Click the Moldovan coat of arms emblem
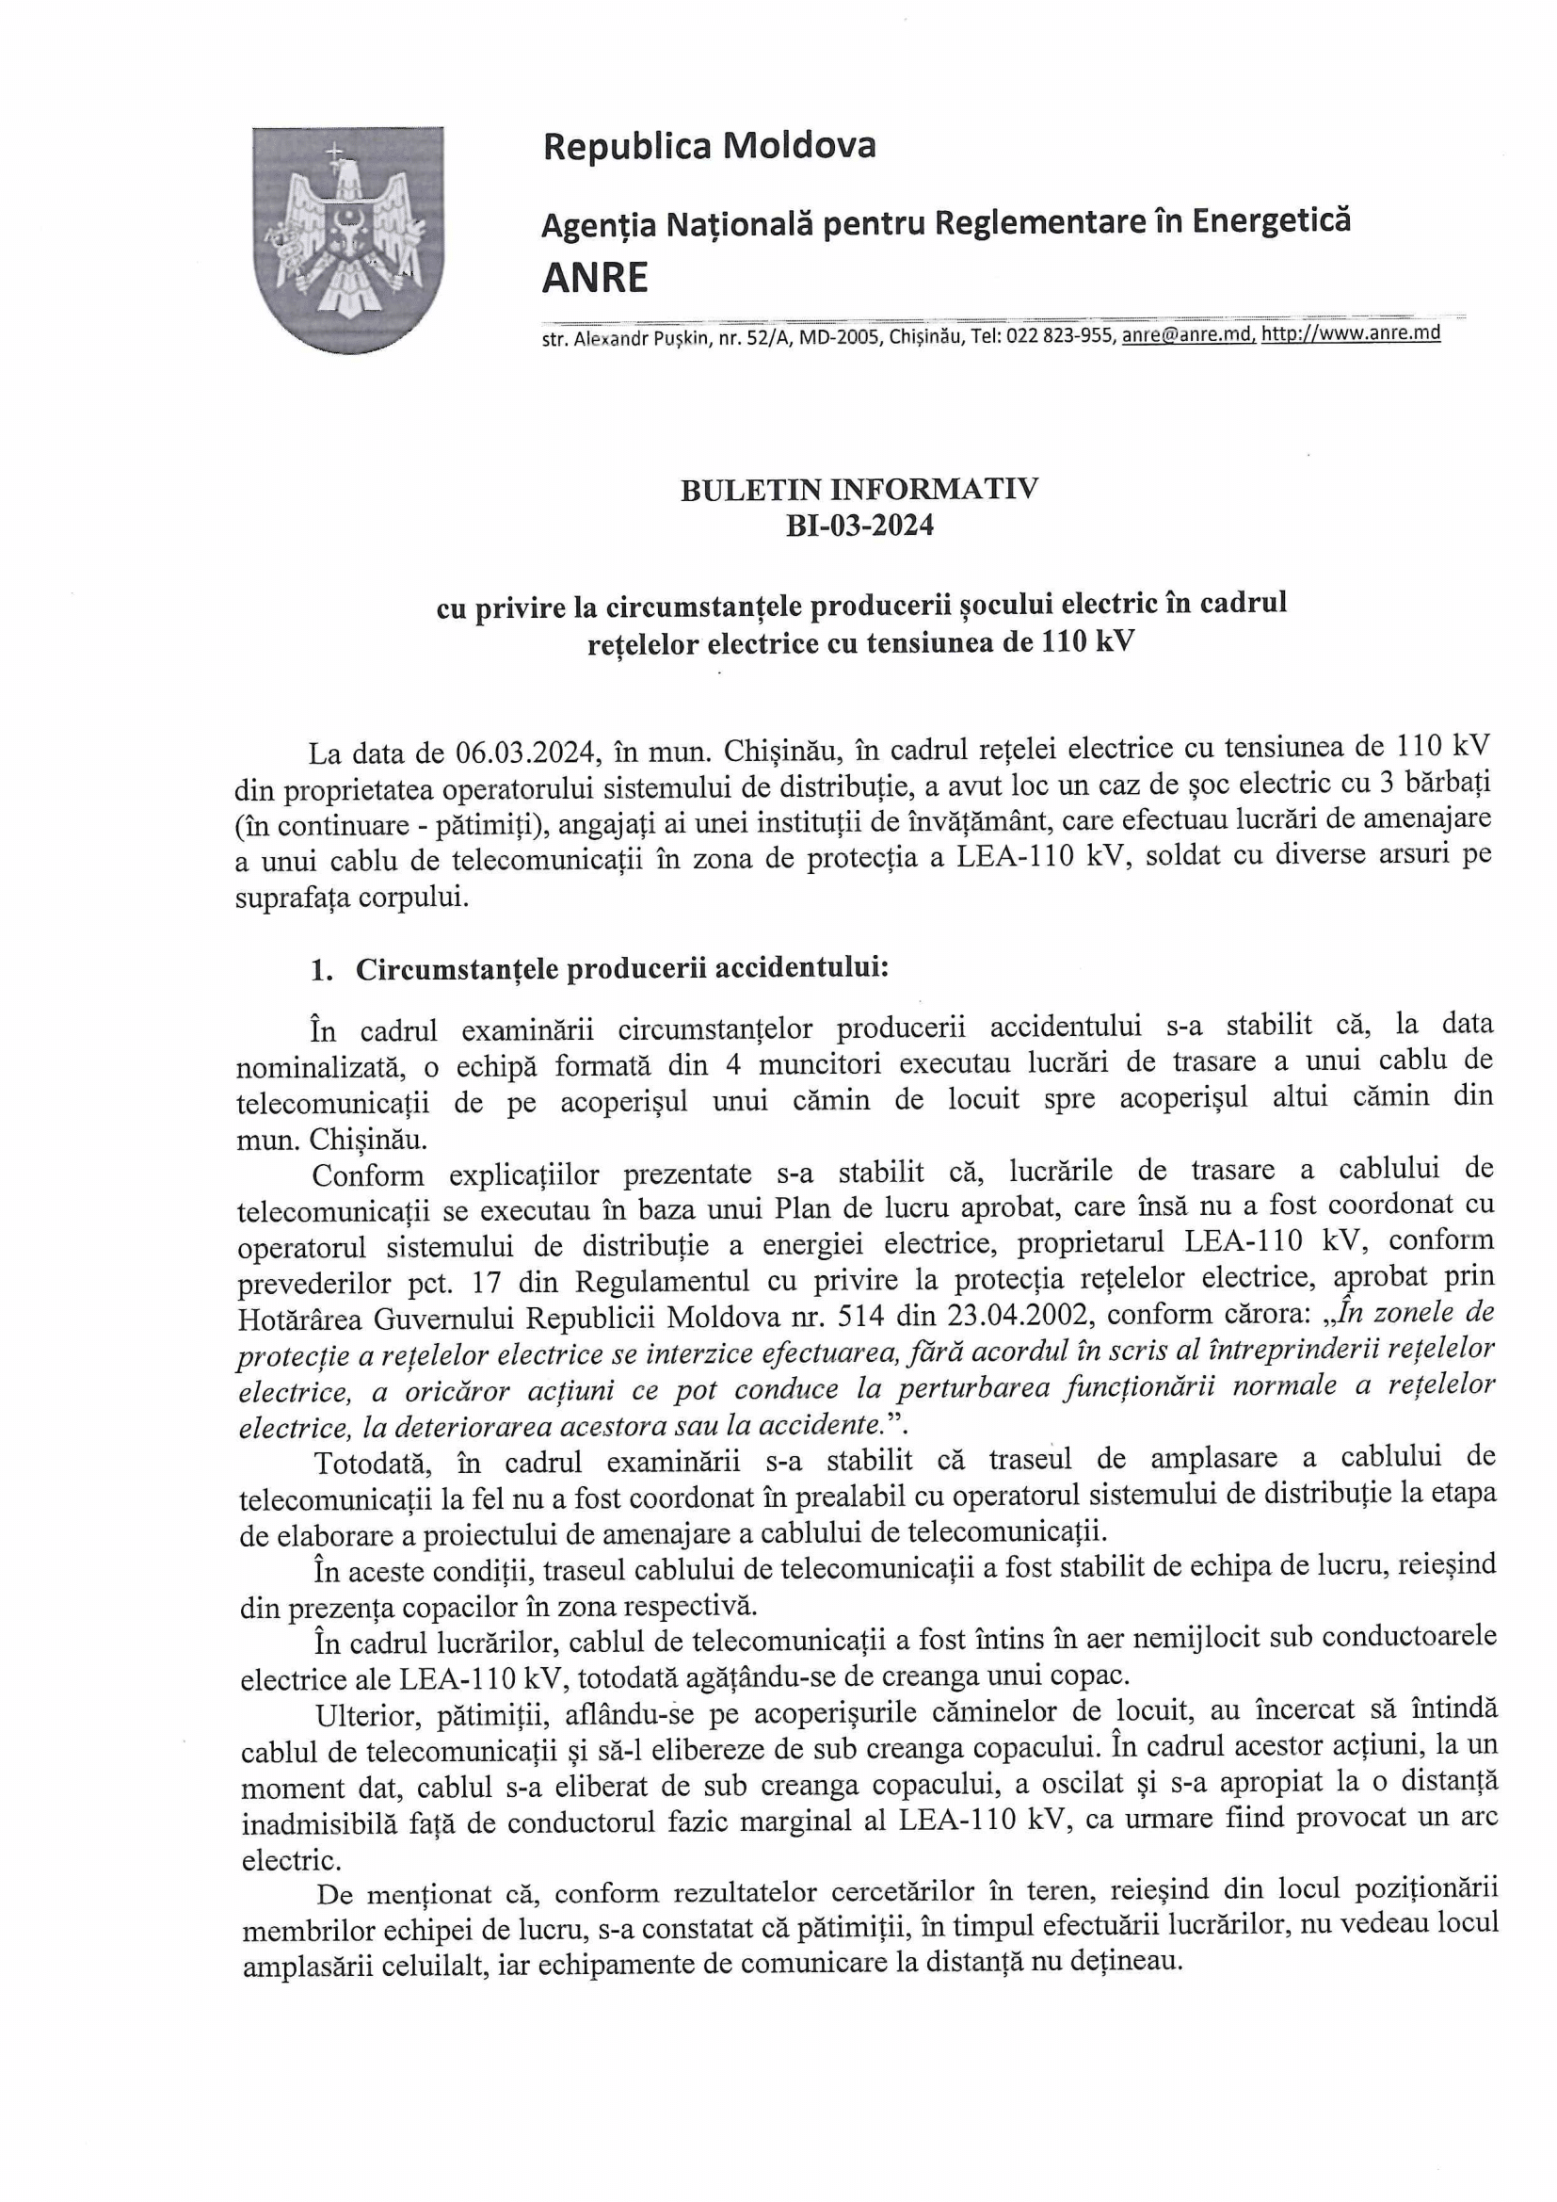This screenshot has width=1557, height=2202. [348, 240]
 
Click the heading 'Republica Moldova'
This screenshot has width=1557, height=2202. [709, 147]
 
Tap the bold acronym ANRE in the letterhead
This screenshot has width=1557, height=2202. [594, 278]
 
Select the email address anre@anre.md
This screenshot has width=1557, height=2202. [1189, 334]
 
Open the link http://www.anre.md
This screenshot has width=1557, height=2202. [1351, 333]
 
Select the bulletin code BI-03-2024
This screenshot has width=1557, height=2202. [859, 526]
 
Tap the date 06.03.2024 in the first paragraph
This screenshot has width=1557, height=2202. [523, 748]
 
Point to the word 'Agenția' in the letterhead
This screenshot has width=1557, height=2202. [599, 225]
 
